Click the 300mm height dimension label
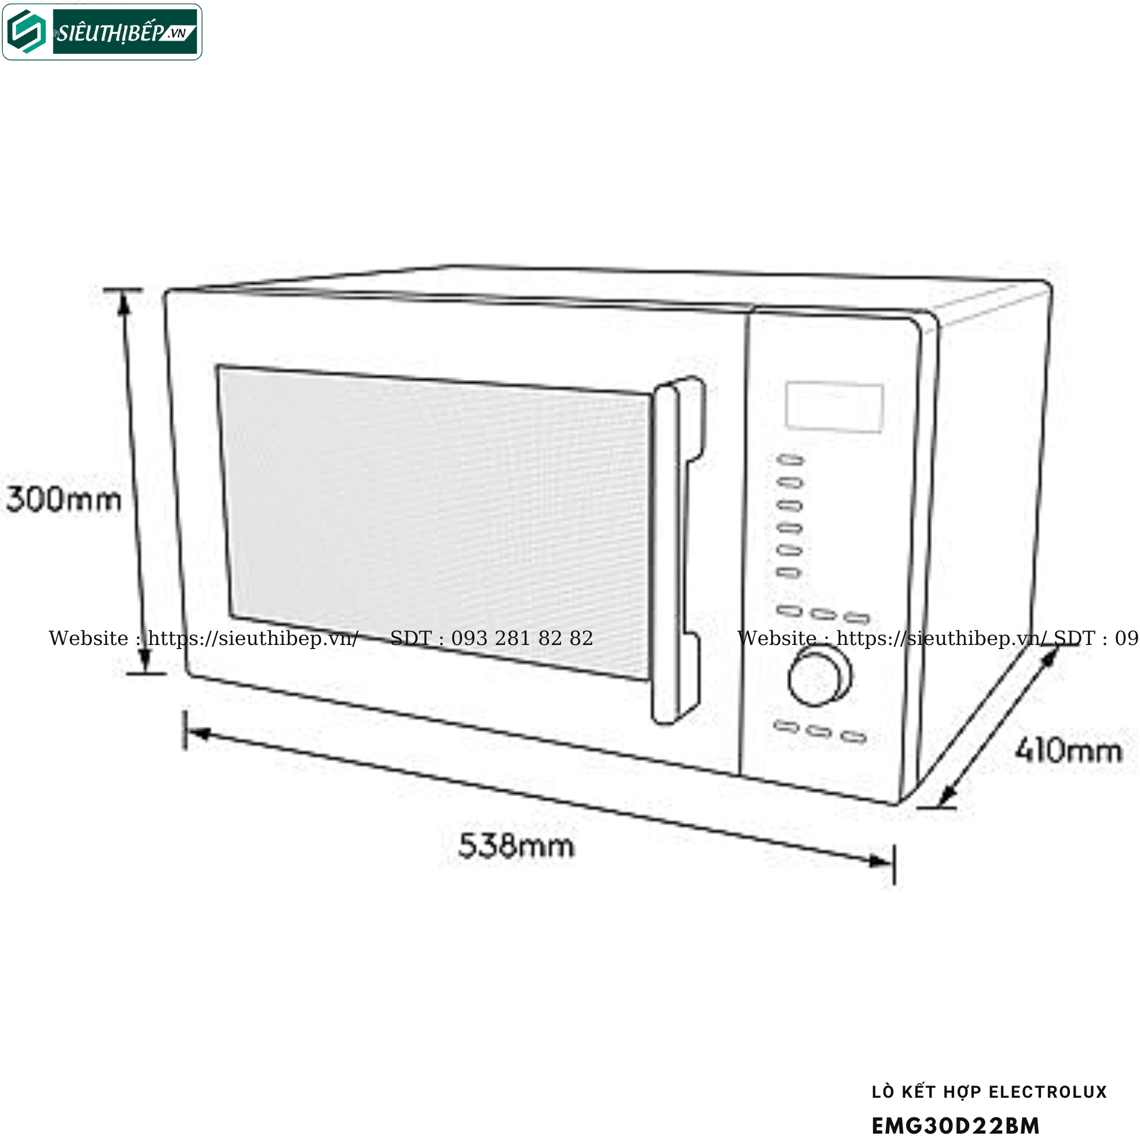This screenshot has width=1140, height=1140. (x=64, y=499)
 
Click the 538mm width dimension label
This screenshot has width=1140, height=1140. (x=516, y=846)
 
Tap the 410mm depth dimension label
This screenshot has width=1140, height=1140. (x=1069, y=750)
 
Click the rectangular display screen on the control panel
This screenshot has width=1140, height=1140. (x=834, y=407)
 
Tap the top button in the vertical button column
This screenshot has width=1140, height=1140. (x=791, y=460)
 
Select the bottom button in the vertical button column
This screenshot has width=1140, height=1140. (x=789, y=573)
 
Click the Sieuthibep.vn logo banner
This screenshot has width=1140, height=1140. (x=102, y=32)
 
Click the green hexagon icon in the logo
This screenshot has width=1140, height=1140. (x=27, y=32)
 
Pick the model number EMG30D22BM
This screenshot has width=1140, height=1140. (x=955, y=1126)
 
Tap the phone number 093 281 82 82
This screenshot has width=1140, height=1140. (x=522, y=639)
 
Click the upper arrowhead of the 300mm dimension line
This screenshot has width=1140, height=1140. (x=123, y=303)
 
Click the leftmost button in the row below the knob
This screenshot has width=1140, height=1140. (x=787, y=726)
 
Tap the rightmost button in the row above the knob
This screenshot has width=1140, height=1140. (x=857, y=618)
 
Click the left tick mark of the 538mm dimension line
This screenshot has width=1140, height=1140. (x=185, y=731)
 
